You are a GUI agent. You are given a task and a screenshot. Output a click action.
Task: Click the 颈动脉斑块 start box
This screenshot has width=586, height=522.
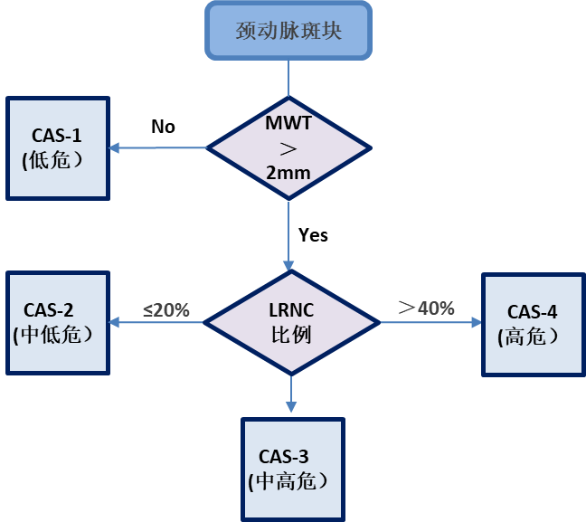pyautogui.click(x=288, y=31)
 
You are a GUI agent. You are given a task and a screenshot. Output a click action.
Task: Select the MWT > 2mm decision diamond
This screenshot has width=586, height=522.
pyautogui.click(x=288, y=147)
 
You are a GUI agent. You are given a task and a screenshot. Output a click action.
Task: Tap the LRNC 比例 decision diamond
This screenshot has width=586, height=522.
pyautogui.click(x=289, y=321)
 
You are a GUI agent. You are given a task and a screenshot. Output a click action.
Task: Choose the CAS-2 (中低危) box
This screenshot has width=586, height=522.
pyautogui.click(x=57, y=322)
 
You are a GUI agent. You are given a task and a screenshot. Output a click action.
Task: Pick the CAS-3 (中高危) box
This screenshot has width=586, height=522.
pyautogui.click(x=291, y=468)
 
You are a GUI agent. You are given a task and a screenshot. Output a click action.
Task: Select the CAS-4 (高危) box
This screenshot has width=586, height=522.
pyautogui.click(x=532, y=324)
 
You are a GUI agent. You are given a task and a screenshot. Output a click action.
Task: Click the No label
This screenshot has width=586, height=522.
pyautogui.click(x=163, y=127)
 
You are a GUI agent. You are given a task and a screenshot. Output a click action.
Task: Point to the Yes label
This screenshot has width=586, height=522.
pyautogui.click(x=313, y=235)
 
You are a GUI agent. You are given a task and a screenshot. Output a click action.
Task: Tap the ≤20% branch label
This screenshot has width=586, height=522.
pyautogui.click(x=165, y=309)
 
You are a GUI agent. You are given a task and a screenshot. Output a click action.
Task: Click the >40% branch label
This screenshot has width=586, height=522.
pyautogui.click(x=425, y=308)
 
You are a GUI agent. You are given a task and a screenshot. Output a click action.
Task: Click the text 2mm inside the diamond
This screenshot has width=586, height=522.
pyautogui.click(x=288, y=171)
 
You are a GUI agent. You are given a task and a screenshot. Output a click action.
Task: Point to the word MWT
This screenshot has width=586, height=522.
pyautogui.click(x=288, y=123)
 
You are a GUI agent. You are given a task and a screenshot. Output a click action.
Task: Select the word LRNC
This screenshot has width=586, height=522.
pyautogui.click(x=290, y=309)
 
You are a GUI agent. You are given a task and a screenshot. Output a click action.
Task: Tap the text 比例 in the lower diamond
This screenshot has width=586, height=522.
pyautogui.click(x=290, y=334)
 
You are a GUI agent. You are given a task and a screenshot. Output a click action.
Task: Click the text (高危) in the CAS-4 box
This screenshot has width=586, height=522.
pyautogui.click(x=528, y=337)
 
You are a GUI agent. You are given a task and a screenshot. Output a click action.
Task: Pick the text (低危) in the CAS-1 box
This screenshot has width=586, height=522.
pyautogui.click(x=53, y=161)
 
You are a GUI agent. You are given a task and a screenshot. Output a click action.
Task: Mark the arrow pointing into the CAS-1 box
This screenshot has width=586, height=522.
pyautogui.click(x=118, y=147)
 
